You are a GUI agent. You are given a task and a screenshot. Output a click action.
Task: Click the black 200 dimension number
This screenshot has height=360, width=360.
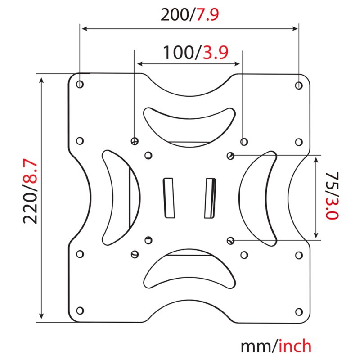(x=175, y=15)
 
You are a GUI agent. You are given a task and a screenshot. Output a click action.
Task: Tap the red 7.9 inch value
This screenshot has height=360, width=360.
(x=207, y=15)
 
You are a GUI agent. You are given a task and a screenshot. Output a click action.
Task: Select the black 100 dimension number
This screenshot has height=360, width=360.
(x=178, y=53)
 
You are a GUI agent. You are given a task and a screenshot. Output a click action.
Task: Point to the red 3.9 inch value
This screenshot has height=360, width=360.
(x=216, y=53)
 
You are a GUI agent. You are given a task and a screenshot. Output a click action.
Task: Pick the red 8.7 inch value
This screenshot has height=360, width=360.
(x=30, y=171)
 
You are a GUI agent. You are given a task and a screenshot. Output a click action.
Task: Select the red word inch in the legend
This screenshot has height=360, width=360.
(x=295, y=346)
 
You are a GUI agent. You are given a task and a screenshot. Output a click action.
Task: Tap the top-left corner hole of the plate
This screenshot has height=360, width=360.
(x=80, y=84)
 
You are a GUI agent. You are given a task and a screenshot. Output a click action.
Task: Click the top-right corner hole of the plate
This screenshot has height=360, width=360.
(x=299, y=85)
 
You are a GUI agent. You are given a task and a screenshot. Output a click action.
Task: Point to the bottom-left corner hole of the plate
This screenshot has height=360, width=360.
(x=80, y=310)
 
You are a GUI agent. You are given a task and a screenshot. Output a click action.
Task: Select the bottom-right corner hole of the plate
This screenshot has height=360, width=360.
(x=299, y=312)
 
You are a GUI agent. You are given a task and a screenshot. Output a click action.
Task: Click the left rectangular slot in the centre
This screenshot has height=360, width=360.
(x=169, y=198)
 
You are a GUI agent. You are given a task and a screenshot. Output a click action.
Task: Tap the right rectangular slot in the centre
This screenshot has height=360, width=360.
(x=210, y=198)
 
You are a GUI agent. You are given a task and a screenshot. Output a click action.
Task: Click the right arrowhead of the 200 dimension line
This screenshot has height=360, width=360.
(x=295, y=29)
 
